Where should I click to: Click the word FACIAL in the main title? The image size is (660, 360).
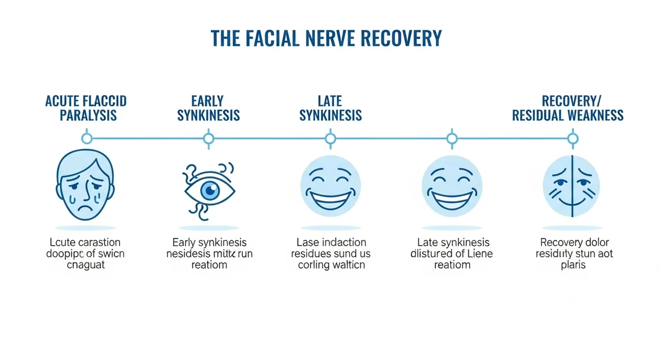click(x=273, y=39)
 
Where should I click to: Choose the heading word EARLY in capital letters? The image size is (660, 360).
click(x=208, y=101)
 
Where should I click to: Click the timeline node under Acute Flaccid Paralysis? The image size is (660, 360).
click(x=87, y=138)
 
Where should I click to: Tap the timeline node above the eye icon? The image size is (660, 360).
click(x=208, y=138)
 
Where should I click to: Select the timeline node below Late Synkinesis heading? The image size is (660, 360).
click(x=331, y=138)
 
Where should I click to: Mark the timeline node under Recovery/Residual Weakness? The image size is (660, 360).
click(x=572, y=138)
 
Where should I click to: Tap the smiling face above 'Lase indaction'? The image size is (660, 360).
click(x=331, y=186)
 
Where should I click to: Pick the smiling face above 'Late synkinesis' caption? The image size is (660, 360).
click(x=452, y=186)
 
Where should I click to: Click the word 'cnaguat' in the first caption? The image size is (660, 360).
click(x=86, y=265)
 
